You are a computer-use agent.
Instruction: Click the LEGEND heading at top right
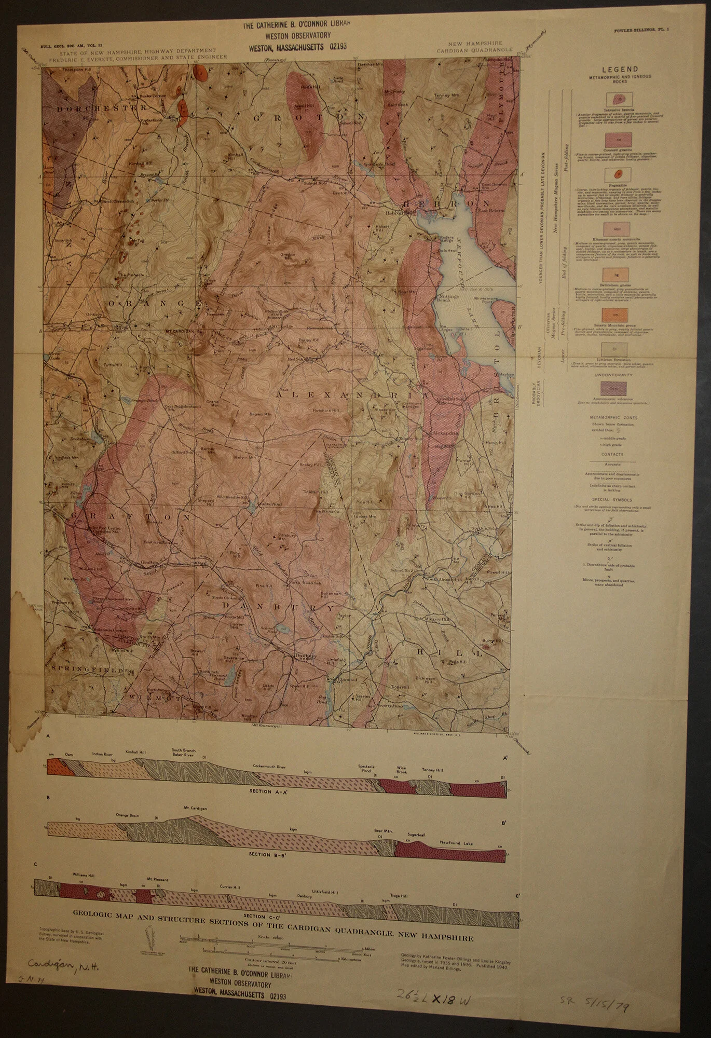(x=620, y=69)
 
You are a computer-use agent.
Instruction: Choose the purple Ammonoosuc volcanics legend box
(x=617, y=387)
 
